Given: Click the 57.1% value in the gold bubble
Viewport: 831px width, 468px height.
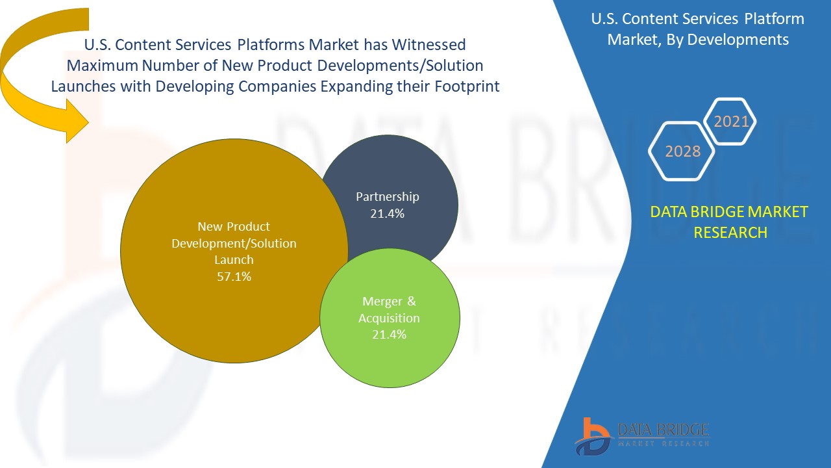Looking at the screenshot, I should coord(234,276).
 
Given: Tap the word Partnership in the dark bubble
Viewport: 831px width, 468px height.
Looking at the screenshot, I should coord(388,196).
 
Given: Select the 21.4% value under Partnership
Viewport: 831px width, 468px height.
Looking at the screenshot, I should coord(388,213).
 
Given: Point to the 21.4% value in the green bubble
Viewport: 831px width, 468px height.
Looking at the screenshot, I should coord(390,334).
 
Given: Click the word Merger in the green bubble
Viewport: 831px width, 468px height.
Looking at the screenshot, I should coord(380,302).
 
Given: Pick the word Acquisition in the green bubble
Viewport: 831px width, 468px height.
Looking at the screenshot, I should coord(390,318).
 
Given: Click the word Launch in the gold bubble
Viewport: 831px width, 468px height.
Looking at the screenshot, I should coord(234,259).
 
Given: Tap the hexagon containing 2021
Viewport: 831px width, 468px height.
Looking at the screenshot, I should coord(731,122).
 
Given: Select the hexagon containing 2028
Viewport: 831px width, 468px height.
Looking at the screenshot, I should coord(683,151).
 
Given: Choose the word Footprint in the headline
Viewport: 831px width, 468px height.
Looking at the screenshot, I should coord(462,86).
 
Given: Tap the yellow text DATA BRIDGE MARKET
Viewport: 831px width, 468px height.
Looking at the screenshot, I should coord(729,212).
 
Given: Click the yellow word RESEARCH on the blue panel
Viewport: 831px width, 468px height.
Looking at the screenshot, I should coord(730,232).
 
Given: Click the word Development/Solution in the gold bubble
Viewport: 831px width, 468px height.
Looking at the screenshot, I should coord(234,243).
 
